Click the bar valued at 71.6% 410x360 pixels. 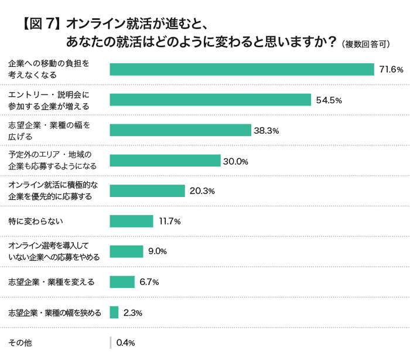pyautogui.click(x=242, y=69)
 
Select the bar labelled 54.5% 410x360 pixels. pyautogui.click(x=210, y=100)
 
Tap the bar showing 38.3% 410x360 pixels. pyautogui.click(x=180, y=130)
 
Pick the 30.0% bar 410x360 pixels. pyautogui.click(x=165, y=161)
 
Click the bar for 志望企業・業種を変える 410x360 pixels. pyautogui.click(x=122, y=282)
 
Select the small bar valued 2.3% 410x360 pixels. pyautogui.click(x=114, y=313)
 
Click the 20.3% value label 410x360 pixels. pyautogui.click(x=203, y=191)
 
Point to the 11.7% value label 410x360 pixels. pyautogui.click(x=170, y=222)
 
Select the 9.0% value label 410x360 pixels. pyautogui.click(x=158, y=252)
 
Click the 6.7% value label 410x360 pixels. pyautogui.click(x=149, y=282)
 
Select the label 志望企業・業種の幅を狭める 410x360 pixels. pyautogui.click(x=55, y=313)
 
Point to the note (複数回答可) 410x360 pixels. pyautogui.click(x=367, y=44)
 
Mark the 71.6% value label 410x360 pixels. pyautogui.click(x=391, y=70)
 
